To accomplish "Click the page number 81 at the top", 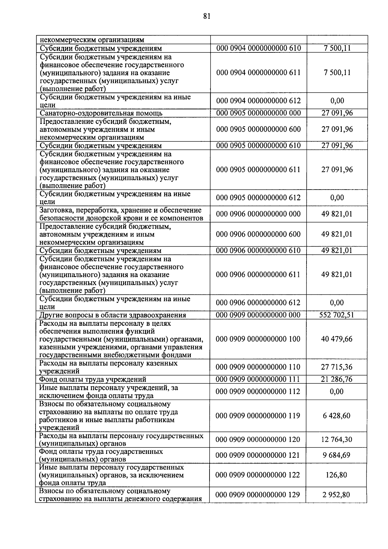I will point(207,16).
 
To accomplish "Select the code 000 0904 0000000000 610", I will point(258,49).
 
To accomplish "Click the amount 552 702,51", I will point(337,315).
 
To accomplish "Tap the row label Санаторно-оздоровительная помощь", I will point(101,113).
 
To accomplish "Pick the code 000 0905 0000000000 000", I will point(258,113).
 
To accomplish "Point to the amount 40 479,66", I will point(337,339).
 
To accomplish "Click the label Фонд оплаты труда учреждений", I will point(92,379).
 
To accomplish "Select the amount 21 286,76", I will point(337,379).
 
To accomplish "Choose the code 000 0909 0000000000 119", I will point(258,416).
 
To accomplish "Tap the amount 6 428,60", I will point(337,416).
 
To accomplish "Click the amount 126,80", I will point(337,475).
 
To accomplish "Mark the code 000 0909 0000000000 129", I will point(258,495).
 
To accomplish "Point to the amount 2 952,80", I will point(337,495).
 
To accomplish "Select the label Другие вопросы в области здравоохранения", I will point(113,315).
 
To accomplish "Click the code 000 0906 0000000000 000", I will point(258,214).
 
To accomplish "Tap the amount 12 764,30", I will point(337,440).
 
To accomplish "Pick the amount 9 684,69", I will point(337,455).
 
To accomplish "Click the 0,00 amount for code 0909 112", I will point(337,391).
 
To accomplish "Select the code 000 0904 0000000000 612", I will point(258,101).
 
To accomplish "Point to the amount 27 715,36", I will point(337,367).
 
